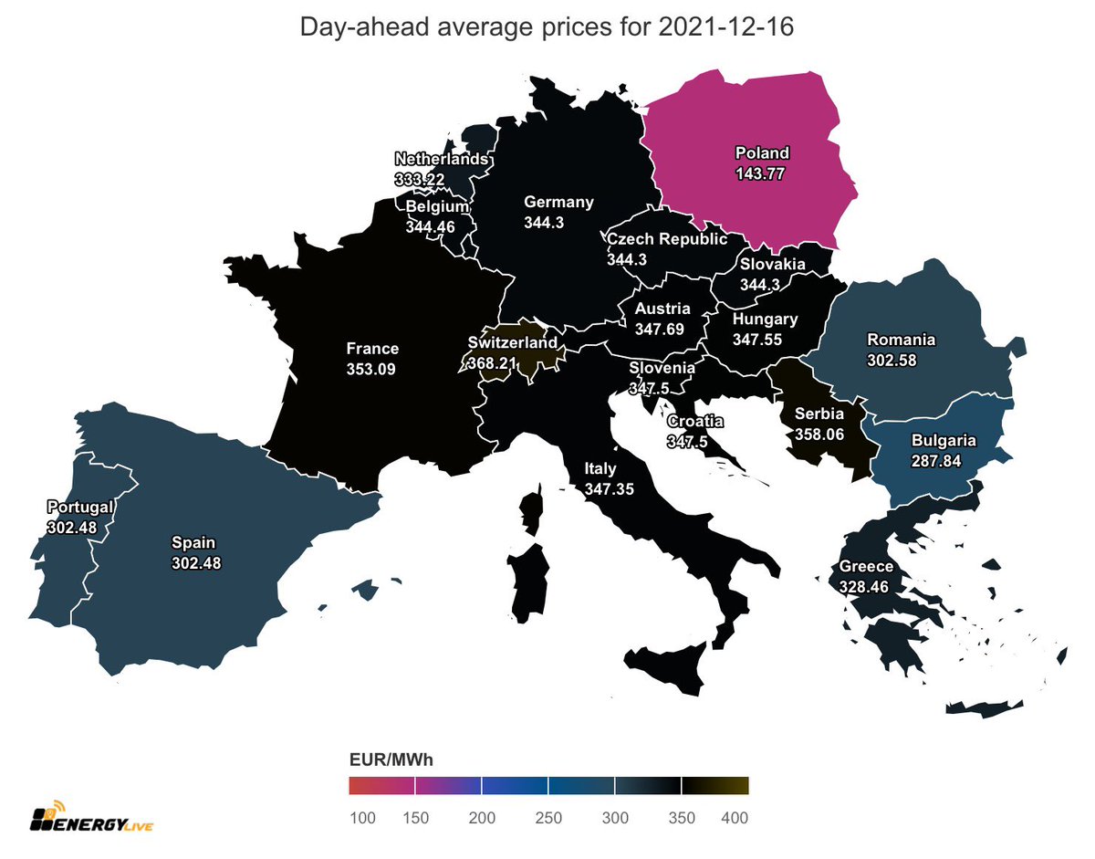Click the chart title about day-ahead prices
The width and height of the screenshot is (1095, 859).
(547, 28)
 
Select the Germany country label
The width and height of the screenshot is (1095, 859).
(558, 203)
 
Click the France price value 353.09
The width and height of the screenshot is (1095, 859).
(372, 367)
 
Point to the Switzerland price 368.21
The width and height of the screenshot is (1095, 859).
(492, 362)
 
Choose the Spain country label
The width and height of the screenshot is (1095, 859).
(195, 542)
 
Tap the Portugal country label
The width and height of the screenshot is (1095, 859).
(81, 507)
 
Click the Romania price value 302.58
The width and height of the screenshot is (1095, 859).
(892, 360)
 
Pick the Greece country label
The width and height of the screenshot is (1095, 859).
(866, 567)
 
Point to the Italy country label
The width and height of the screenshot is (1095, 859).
(601, 469)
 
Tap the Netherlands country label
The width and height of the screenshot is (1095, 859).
(441, 159)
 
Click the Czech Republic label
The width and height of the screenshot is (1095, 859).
(667, 239)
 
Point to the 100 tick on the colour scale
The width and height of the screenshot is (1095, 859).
(361, 819)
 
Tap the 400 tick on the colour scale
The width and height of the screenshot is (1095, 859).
(735, 819)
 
